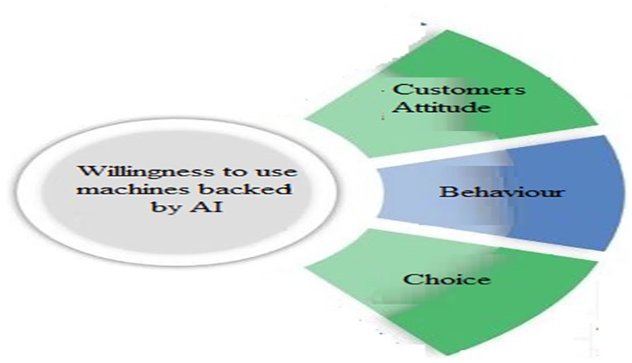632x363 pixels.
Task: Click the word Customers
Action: (459, 89)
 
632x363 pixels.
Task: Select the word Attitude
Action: (442, 107)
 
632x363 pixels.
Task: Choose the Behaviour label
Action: (502, 191)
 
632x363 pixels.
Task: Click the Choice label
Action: (447, 279)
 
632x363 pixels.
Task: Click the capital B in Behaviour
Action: (446, 191)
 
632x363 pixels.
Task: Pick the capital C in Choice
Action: (411, 279)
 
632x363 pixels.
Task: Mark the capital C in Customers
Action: (400, 89)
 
